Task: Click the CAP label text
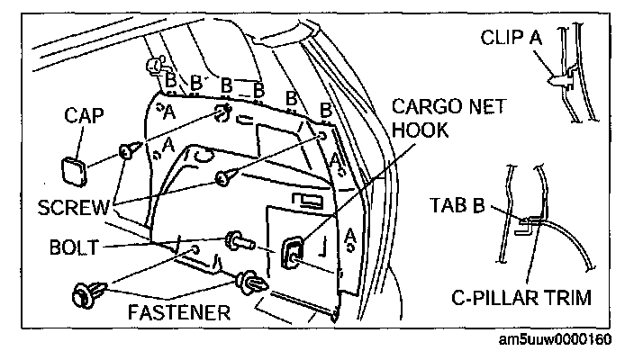(85, 116)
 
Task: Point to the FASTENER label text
(178, 313)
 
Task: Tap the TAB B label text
(455, 205)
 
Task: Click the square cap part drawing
(73, 167)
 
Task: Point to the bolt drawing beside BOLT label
(240, 241)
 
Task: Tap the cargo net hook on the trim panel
(294, 253)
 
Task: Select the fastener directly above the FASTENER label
(251, 284)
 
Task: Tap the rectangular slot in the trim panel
(307, 200)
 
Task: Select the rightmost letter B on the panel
(326, 109)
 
